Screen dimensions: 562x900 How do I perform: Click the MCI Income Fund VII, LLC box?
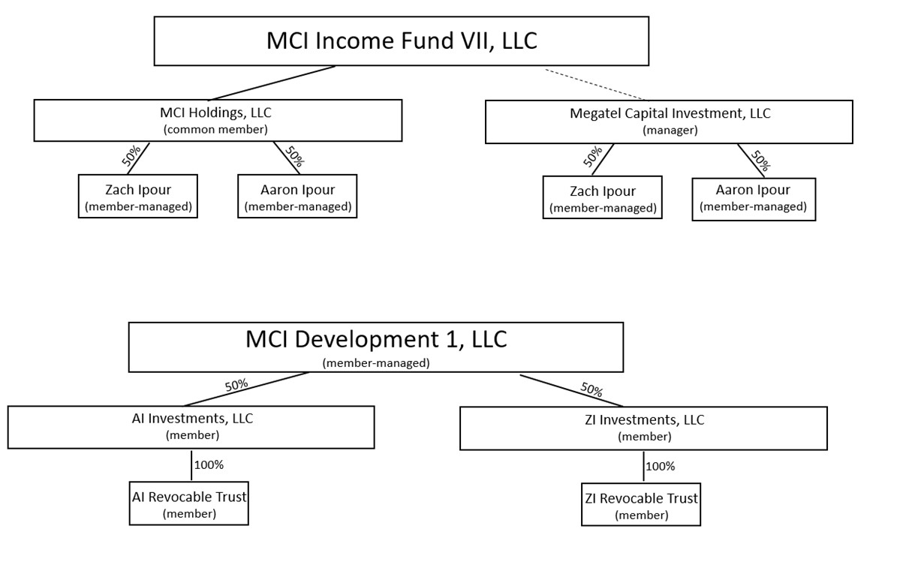pos(401,41)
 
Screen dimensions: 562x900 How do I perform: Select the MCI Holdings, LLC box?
pos(218,120)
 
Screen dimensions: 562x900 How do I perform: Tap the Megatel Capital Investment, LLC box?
pos(669,122)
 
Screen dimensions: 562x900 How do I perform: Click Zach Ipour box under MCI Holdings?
pos(137,197)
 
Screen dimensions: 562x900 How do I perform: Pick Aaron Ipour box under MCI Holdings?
pos(297,197)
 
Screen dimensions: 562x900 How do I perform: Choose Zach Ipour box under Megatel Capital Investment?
pos(602,198)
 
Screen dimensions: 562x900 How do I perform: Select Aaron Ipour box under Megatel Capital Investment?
pos(753,199)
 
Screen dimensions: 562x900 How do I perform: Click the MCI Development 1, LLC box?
pos(375,347)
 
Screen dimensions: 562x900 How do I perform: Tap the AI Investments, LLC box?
pos(191,427)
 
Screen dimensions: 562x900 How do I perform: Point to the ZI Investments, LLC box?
pos(643,428)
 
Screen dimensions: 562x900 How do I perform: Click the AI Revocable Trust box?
pos(188,504)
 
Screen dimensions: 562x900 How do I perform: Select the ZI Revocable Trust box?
pos(640,505)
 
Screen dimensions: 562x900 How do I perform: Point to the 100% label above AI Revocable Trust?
pos(209,465)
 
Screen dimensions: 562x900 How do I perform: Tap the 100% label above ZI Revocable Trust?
pos(660,467)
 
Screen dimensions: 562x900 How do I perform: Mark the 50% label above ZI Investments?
pos(591,389)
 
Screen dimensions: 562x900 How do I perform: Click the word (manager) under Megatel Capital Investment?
pos(670,130)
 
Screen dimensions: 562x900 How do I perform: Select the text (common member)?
pos(216,128)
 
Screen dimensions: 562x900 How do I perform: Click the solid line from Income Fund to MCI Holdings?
pos(272,83)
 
